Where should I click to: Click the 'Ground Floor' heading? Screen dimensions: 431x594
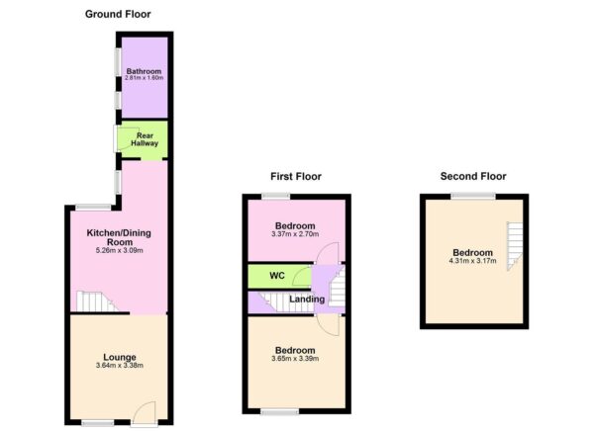point(118,14)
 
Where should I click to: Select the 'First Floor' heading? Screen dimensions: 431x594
point(296,176)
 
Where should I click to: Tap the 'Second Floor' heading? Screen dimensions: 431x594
point(472,176)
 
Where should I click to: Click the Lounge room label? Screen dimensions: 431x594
point(119,356)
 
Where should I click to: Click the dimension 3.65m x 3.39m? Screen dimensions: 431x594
point(295,360)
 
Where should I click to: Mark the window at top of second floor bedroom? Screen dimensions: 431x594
point(474,197)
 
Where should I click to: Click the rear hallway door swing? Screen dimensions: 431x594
point(126,138)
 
